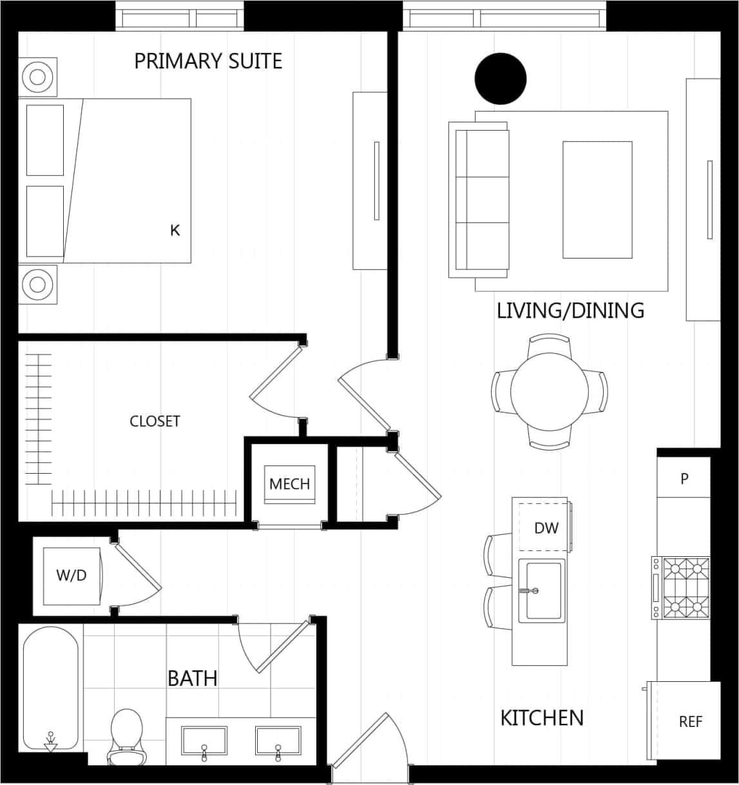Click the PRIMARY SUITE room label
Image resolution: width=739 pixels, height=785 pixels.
coord(208,61)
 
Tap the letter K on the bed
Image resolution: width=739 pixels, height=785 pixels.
coord(175,230)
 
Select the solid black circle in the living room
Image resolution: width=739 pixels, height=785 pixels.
coord(501,79)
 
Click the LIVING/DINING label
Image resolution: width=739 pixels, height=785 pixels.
coord(570,311)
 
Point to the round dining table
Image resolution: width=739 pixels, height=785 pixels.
coord(549,391)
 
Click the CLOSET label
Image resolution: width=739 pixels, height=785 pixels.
coord(155,422)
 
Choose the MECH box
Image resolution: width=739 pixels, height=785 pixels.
coord(289,484)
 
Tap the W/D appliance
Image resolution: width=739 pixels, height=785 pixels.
coord(72,576)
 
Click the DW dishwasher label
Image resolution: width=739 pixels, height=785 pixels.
coord(546,528)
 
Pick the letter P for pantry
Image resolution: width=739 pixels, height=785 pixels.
coord(684,479)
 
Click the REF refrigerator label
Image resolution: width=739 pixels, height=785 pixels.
coord(690,722)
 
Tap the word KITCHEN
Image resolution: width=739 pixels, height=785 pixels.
coord(542,718)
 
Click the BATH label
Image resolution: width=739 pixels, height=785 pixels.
coord(192,679)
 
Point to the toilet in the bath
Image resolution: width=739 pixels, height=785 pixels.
coord(126,735)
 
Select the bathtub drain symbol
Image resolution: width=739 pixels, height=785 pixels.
coord(50,742)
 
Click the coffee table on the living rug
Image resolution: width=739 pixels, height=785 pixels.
coord(597,200)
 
